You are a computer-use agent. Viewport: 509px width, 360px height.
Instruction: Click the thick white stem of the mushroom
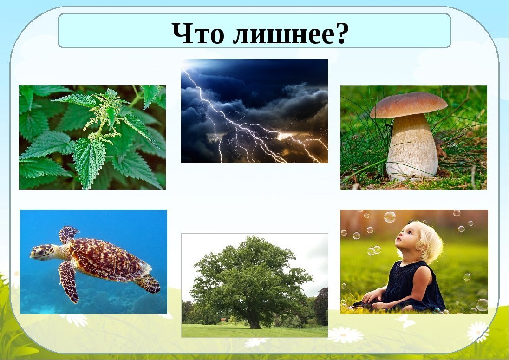click(x=411, y=146)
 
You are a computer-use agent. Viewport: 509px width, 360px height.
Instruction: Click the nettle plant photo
click(x=92, y=137)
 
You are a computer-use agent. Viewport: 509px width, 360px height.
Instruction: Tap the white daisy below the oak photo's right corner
click(x=346, y=334)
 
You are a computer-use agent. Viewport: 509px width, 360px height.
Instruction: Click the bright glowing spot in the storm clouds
click(x=284, y=135)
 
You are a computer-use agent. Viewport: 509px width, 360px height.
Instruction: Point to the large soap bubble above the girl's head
click(x=390, y=217)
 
